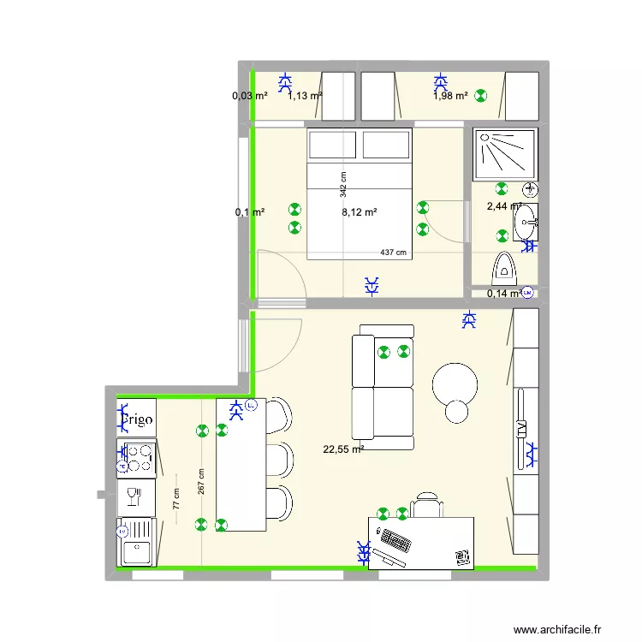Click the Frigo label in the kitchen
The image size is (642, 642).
tap(137, 419)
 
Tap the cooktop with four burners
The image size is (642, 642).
tap(137, 459)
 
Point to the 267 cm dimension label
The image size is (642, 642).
tap(201, 487)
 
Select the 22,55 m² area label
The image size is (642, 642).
tap(343, 449)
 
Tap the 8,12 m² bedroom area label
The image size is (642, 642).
tap(360, 211)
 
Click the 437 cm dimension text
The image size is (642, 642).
tap(394, 253)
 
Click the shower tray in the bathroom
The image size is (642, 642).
tap(505, 154)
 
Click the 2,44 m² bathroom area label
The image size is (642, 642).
tap(503, 206)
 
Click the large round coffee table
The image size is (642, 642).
tap(457, 386)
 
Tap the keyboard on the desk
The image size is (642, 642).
tap(395, 541)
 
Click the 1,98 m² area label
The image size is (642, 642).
tap(450, 96)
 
